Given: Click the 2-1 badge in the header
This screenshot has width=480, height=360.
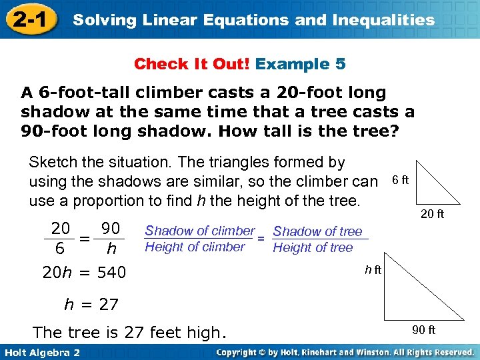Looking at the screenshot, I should coord(30,19).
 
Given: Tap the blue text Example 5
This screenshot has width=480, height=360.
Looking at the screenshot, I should coord(300,65).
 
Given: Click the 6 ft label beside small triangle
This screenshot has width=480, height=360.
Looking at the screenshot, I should coord(401,181).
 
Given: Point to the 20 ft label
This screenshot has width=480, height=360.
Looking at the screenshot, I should coord(432,214).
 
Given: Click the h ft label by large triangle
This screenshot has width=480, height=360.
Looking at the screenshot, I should coord(373,269).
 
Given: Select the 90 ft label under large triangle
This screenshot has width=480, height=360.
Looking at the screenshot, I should coord(423,330).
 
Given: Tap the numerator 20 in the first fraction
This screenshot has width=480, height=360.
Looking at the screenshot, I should coord(61,229).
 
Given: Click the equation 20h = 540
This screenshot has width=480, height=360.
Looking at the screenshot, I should coord(84,272).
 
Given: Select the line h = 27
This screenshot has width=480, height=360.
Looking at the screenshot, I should coord(91,305).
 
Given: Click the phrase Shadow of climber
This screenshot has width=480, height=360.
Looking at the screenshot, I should coord(200,231).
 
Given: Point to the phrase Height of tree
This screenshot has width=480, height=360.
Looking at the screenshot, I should coord(313,247).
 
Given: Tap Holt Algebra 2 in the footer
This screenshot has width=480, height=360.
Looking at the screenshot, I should coord(41,352).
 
